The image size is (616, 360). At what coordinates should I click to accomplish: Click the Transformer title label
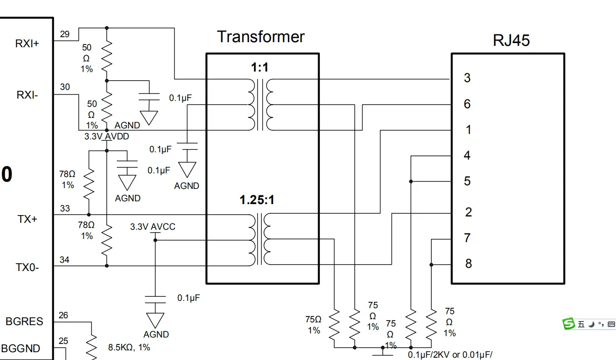[261, 37]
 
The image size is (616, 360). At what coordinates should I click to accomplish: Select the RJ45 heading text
[511, 40]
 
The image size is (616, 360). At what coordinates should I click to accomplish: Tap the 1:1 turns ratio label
[259, 67]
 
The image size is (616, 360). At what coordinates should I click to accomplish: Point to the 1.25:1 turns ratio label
[257, 200]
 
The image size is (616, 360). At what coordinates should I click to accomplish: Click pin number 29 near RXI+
[65, 34]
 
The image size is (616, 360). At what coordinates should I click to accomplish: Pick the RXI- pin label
[27, 95]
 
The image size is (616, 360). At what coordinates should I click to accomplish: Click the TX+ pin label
[27, 219]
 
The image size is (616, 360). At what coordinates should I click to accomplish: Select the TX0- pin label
[27, 267]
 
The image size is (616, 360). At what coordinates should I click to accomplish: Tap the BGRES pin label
[24, 321]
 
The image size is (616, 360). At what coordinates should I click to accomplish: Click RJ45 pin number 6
[467, 104]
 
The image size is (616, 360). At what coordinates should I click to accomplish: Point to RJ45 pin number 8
[468, 264]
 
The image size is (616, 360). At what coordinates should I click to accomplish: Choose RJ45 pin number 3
[467, 78]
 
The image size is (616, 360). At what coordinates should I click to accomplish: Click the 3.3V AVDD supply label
[107, 137]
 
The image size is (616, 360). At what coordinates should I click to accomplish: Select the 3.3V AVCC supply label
[153, 227]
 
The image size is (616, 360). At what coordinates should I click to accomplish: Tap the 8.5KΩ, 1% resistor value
[129, 347]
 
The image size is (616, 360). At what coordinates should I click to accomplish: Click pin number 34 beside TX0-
[65, 260]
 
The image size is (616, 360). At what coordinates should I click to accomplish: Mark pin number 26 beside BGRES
[63, 316]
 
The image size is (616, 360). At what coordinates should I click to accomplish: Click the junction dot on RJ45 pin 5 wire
[411, 182]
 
